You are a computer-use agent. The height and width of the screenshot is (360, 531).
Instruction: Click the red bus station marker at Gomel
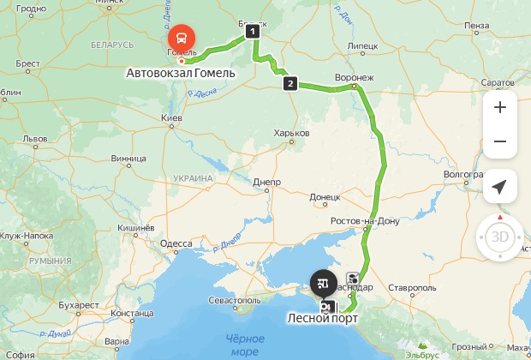[181, 38]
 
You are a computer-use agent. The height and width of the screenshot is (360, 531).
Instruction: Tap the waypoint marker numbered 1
[252, 32]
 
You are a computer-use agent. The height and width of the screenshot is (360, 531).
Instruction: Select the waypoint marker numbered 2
[290, 83]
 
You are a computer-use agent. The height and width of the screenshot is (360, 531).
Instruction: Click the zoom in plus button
[500, 107]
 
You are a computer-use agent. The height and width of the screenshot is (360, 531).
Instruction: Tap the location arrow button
[500, 186]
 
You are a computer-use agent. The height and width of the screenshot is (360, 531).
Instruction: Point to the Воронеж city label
[354, 78]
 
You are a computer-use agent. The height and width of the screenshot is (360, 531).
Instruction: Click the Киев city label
[172, 117]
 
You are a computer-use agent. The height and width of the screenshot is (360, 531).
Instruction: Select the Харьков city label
[290, 134]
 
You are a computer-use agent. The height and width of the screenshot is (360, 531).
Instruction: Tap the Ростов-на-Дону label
[367, 221]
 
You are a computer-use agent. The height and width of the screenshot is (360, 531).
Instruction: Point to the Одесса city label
[176, 243]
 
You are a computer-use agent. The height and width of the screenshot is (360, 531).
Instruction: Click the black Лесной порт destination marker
[324, 280]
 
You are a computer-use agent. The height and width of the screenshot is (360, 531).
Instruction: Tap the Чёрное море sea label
[245, 345]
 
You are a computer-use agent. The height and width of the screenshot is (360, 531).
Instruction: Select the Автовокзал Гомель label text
[181, 73]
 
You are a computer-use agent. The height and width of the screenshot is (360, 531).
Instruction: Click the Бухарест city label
[81, 304]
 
